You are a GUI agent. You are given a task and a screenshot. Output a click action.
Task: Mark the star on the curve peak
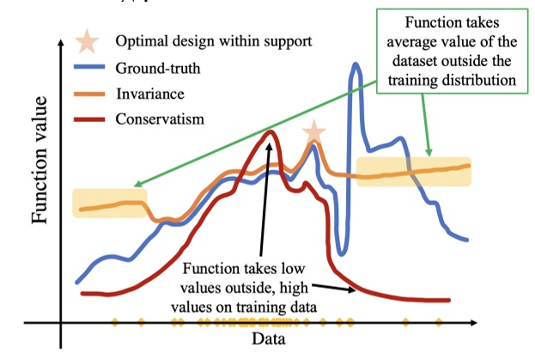314,131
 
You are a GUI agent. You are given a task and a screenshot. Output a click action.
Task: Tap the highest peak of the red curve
271,131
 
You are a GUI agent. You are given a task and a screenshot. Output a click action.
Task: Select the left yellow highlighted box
109,203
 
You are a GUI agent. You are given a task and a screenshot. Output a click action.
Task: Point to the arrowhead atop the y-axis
61,42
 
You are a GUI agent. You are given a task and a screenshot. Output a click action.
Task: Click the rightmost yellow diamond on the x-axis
439,323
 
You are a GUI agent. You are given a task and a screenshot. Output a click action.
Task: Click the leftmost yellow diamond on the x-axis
115,323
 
